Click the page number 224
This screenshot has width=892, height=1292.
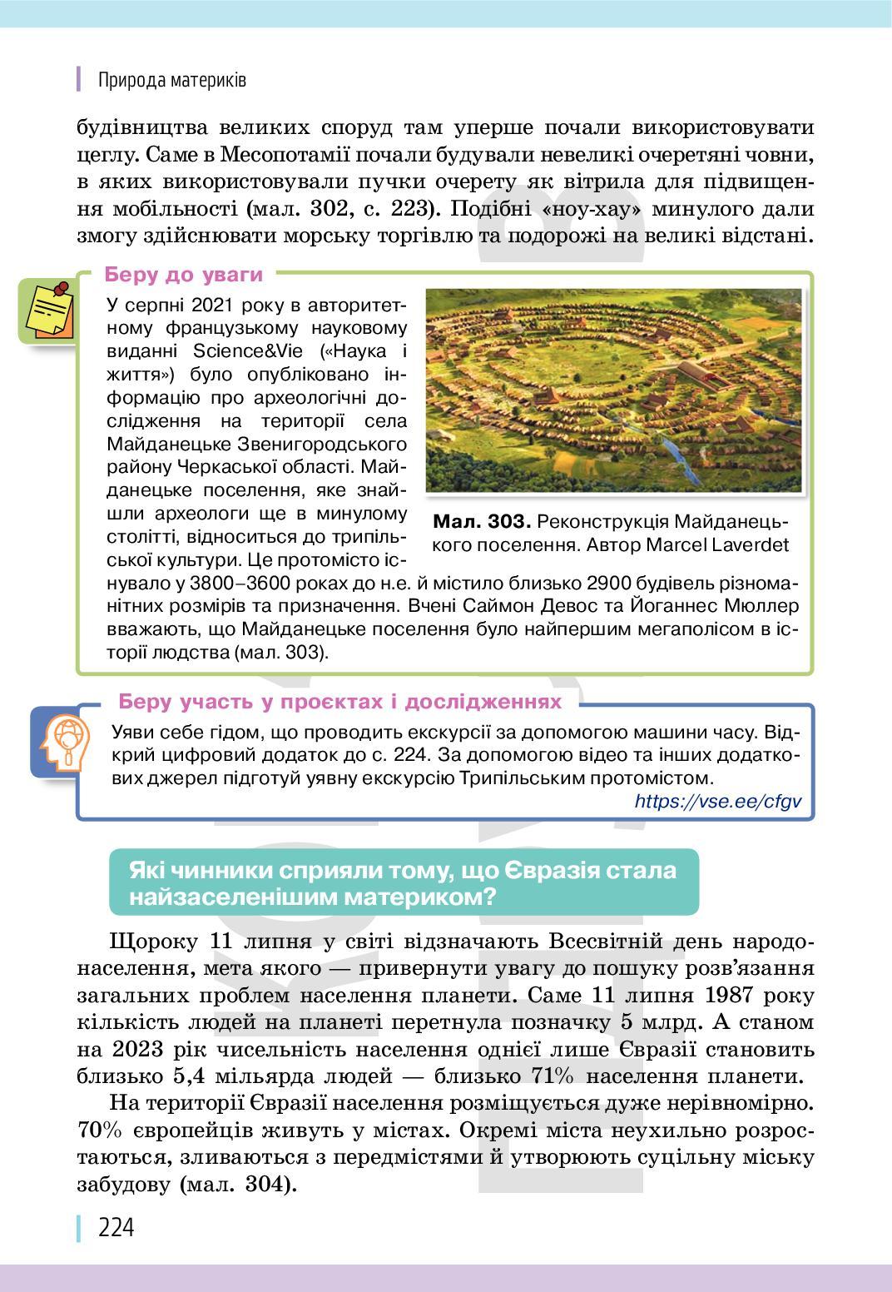click(116, 1228)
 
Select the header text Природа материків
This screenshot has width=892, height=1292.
click(172, 80)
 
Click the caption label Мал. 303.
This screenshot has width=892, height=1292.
click(482, 522)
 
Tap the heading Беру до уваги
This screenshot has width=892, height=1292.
click(184, 275)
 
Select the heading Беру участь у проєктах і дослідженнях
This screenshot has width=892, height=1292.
click(340, 701)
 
